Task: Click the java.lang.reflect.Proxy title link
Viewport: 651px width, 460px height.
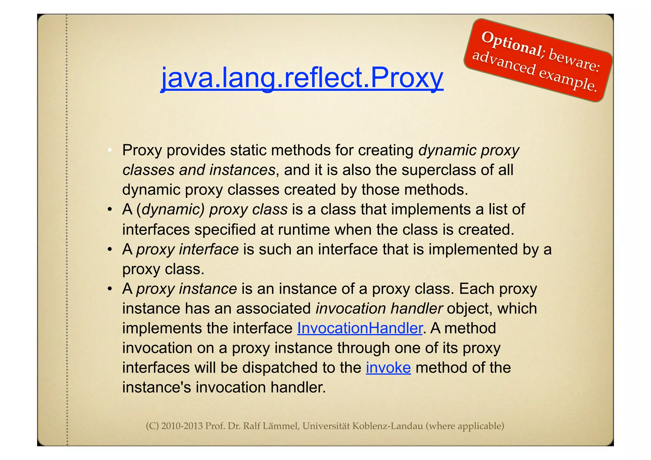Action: [x=302, y=78]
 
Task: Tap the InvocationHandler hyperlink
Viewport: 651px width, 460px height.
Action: [x=360, y=328]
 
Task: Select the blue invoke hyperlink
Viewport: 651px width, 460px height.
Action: [x=388, y=368]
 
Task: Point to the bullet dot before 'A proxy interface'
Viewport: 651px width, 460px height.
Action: [x=109, y=249]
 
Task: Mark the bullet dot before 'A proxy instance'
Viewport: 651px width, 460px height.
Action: [x=109, y=289]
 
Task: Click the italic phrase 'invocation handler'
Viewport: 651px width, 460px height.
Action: [x=379, y=308]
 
